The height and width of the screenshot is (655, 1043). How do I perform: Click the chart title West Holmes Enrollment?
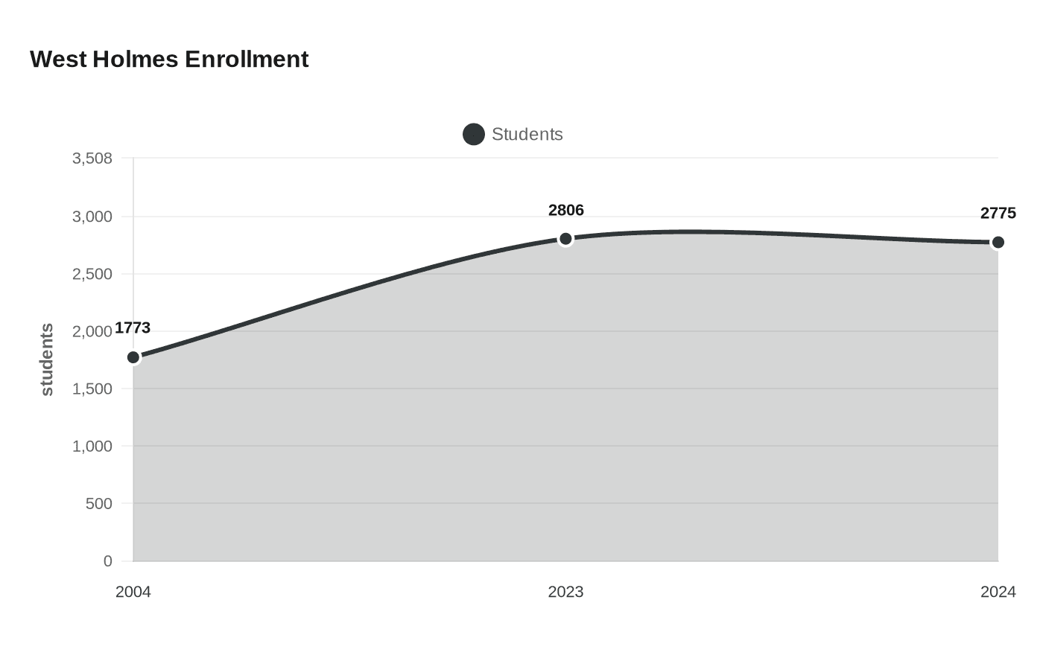pyautogui.click(x=169, y=59)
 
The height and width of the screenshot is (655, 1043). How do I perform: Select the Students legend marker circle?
pyautogui.click(x=474, y=135)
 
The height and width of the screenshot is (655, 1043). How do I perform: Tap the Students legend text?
pyautogui.click(x=527, y=135)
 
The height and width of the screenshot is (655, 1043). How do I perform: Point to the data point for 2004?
pyautogui.click(x=133, y=357)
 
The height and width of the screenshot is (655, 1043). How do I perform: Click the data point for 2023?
pyautogui.click(x=565, y=239)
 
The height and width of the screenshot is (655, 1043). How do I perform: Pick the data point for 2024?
pyautogui.click(x=998, y=243)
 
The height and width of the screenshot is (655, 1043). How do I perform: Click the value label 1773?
pyautogui.click(x=133, y=328)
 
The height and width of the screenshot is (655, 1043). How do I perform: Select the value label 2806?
pyautogui.click(x=565, y=210)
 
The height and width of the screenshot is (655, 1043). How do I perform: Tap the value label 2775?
pyautogui.click(x=998, y=214)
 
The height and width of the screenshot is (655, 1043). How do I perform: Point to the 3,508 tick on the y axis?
pyautogui.click(x=92, y=158)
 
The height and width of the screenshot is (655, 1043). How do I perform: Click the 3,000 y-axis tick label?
pyautogui.click(x=92, y=217)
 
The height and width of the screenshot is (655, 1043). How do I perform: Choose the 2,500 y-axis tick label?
pyautogui.click(x=92, y=274)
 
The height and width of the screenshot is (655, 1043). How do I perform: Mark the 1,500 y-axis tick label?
pyautogui.click(x=92, y=389)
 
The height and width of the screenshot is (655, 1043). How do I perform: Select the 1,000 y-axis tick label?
pyautogui.click(x=92, y=446)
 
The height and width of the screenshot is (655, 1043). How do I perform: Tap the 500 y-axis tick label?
pyautogui.click(x=98, y=503)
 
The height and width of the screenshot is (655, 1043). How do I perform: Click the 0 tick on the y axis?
pyautogui.click(x=107, y=561)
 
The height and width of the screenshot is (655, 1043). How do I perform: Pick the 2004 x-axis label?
pyautogui.click(x=133, y=592)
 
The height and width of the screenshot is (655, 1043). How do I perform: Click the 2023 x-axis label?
pyautogui.click(x=565, y=592)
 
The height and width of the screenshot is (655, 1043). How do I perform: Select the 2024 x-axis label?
pyautogui.click(x=998, y=592)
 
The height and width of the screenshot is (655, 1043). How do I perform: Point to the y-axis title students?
pyautogui.click(x=47, y=360)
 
